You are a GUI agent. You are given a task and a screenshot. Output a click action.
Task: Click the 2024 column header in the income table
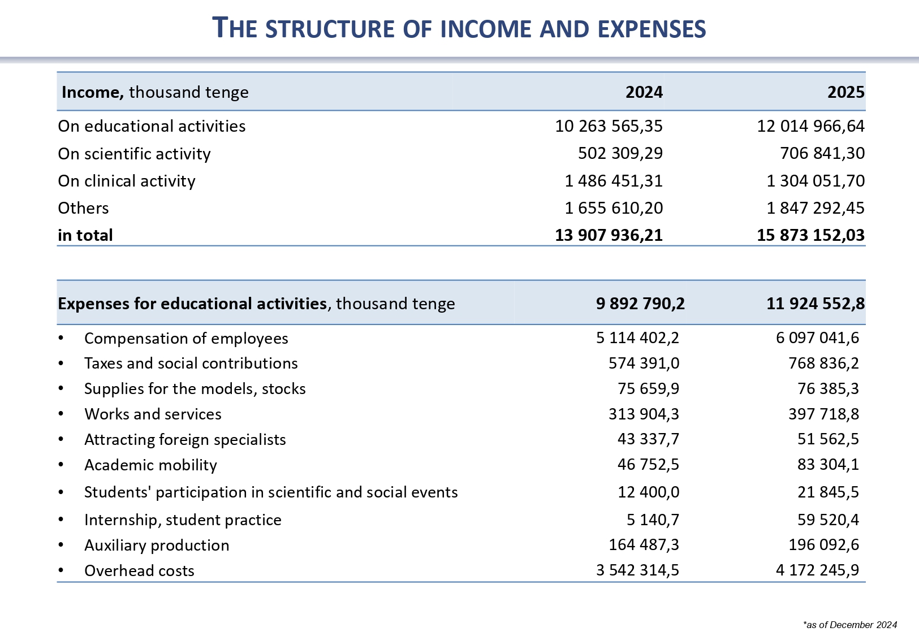(x=644, y=92)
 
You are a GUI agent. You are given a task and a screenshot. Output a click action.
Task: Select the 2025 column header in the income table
(x=845, y=92)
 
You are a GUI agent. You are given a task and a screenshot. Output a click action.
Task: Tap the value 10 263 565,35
(x=609, y=126)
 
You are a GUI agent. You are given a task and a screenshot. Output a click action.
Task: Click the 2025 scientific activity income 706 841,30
(x=822, y=153)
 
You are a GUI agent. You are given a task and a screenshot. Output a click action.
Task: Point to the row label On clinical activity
(x=127, y=181)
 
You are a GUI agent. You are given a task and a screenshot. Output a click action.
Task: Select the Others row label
(x=83, y=208)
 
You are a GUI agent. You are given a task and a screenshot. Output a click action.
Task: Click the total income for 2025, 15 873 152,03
(x=810, y=235)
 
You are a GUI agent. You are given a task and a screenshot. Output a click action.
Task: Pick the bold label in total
(x=85, y=235)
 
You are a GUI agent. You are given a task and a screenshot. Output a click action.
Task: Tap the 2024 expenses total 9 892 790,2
(x=640, y=304)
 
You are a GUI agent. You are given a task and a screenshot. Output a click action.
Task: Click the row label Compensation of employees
(x=186, y=338)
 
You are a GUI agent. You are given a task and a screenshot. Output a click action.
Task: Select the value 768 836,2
(x=823, y=363)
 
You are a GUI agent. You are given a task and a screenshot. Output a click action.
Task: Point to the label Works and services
(x=153, y=414)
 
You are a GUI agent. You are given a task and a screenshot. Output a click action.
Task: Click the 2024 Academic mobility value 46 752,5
(x=648, y=465)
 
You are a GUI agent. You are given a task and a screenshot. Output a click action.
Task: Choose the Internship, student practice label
(x=183, y=520)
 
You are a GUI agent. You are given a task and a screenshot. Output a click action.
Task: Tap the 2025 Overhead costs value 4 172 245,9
(x=817, y=570)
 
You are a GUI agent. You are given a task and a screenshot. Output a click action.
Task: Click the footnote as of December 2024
(x=849, y=625)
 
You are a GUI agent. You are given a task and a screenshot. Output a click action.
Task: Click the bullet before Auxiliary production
(x=61, y=545)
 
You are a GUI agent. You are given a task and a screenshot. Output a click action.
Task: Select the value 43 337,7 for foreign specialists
(x=648, y=439)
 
